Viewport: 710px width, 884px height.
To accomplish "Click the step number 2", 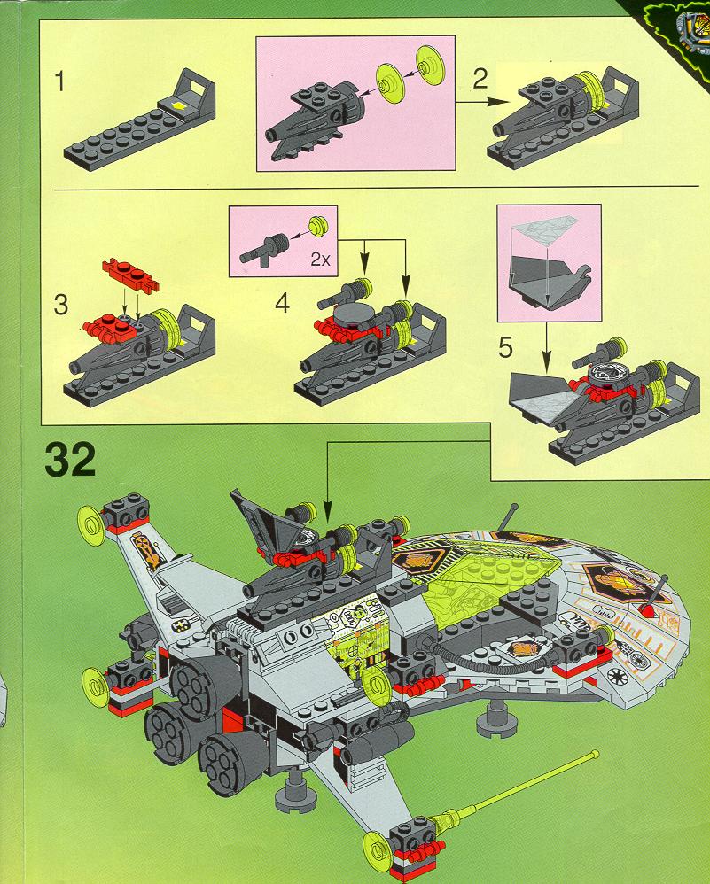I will [480, 81].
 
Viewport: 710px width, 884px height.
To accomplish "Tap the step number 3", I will [60, 306].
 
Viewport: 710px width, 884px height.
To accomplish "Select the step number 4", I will [282, 303].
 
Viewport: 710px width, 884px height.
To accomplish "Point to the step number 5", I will [505, 347].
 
